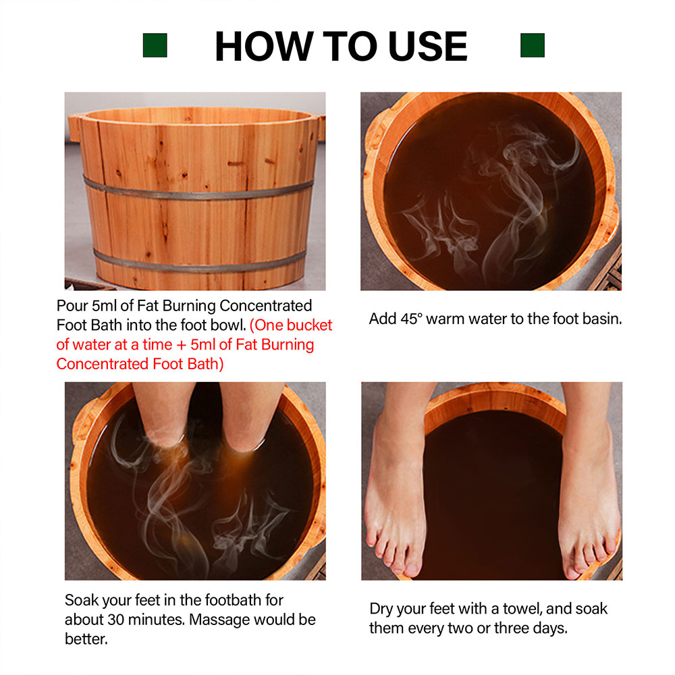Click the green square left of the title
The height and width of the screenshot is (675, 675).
155,45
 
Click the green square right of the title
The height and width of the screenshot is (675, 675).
533,45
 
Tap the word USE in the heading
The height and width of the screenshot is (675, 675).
427,46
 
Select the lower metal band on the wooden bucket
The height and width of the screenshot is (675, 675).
199,263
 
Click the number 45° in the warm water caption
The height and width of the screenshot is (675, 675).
411,319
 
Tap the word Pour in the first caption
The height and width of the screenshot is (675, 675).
72,306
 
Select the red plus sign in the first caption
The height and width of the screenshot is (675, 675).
181,345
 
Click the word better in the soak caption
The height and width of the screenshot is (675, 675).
86,639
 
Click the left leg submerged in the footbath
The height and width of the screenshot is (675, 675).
163,413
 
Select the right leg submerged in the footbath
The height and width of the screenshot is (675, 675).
250,415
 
